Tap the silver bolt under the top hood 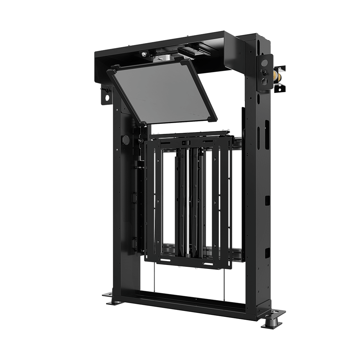click(x=144, y=54)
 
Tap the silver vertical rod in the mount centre click(x=186, y=202)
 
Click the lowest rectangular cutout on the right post click(x=267, y=252)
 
